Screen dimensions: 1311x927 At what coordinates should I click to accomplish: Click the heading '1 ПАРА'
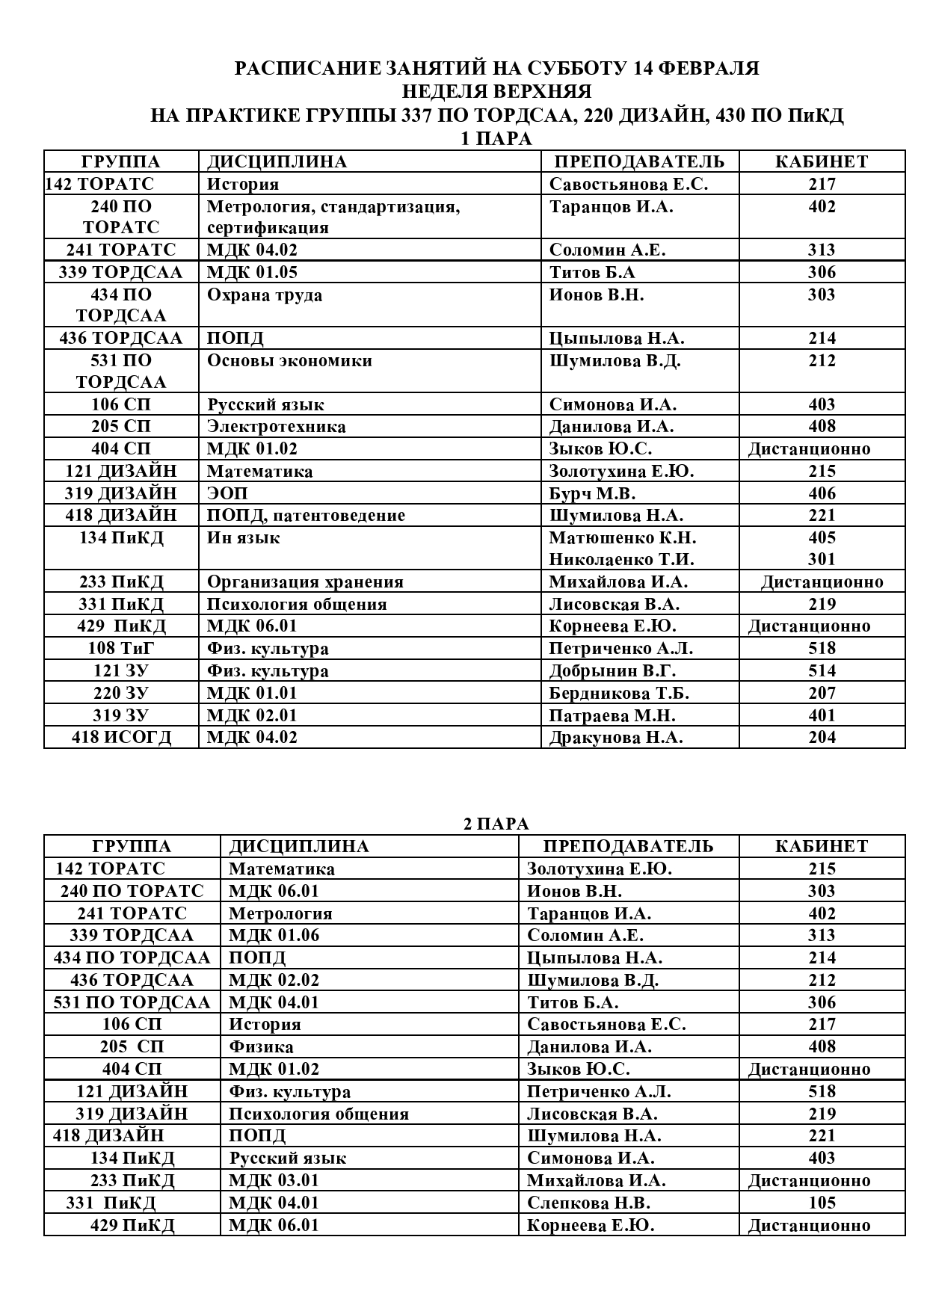496,138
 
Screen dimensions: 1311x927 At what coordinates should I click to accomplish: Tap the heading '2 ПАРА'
496,824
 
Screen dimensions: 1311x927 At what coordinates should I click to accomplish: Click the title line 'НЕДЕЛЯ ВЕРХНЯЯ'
496,91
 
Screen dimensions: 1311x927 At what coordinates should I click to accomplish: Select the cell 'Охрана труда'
265,294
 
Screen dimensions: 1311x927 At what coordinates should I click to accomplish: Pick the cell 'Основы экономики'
289,360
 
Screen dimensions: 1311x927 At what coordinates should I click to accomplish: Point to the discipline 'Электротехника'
276,427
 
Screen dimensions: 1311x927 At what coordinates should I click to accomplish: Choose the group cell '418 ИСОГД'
121,737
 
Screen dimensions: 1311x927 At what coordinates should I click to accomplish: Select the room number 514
822,670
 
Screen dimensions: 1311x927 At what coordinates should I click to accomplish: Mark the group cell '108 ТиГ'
121,648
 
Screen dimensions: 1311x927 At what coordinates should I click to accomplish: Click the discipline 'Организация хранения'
305,582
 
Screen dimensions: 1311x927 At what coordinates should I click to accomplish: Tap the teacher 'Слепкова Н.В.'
588,1203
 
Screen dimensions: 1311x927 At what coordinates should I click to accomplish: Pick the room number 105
822,1203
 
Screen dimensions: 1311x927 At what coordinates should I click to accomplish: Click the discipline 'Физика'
261,1046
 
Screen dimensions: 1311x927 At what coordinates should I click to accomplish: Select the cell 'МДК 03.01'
274,1180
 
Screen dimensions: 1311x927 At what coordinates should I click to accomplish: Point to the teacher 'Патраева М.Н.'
612,715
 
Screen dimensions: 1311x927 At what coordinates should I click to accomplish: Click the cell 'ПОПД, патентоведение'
306,515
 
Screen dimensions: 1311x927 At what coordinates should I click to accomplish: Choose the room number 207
822,693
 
